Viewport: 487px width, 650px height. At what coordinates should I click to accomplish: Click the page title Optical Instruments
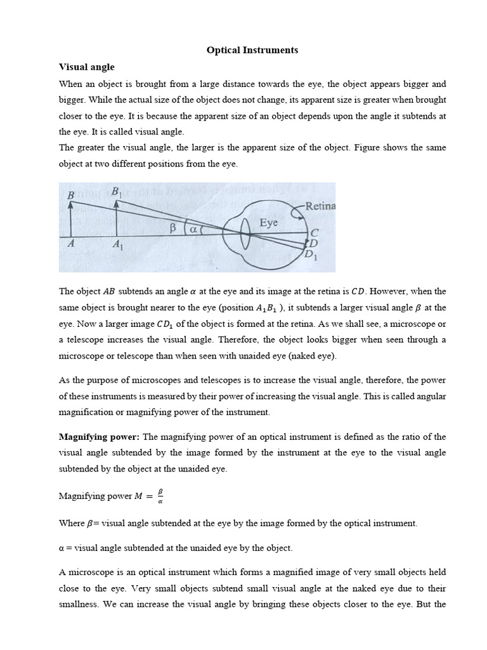click(252, 50)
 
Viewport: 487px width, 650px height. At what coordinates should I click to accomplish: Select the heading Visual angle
click(87, 67)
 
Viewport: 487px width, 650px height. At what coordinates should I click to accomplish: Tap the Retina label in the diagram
click(320, 206)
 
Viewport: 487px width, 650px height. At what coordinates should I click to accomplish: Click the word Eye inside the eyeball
click(269, 223)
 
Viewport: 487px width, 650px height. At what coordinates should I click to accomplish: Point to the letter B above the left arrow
click(70, 196)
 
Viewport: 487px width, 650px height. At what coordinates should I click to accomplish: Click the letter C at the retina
click(313, 233)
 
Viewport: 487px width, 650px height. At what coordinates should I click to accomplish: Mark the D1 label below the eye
click(311, 255)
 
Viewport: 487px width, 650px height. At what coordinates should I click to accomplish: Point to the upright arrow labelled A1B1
click(116, 220)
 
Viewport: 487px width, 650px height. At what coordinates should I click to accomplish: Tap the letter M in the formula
click(138, 496)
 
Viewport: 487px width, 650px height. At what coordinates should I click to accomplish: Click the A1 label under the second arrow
click(118, 244)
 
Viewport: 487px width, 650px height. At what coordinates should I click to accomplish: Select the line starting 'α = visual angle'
click(176, 547)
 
